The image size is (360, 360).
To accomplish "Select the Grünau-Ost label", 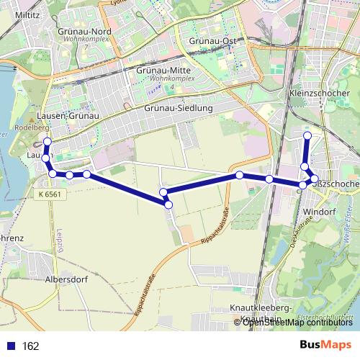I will [x=212, y=41].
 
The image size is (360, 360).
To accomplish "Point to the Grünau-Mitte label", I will [x=163, y=71].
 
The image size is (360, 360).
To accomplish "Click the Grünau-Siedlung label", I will [x=179, y=108].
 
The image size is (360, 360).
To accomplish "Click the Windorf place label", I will [x=314, y=212].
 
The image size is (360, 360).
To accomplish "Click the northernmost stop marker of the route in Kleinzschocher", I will [x=307, y=135].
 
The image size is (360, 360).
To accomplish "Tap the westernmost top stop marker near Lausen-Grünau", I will [x=48, y=142].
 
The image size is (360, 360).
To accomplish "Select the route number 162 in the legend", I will [x=30, y=346].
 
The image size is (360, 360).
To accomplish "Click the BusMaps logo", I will [x=328, y=346].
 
